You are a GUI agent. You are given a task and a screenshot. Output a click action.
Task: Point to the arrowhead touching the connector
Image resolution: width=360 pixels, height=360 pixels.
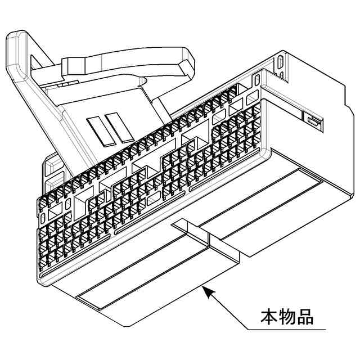[x=206, y=290]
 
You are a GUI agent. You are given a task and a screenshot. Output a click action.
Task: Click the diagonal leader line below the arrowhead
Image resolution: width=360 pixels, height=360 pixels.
[x=228, y=309]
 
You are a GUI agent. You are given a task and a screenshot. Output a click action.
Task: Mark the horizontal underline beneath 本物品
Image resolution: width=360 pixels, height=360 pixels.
[x=287, y=328]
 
